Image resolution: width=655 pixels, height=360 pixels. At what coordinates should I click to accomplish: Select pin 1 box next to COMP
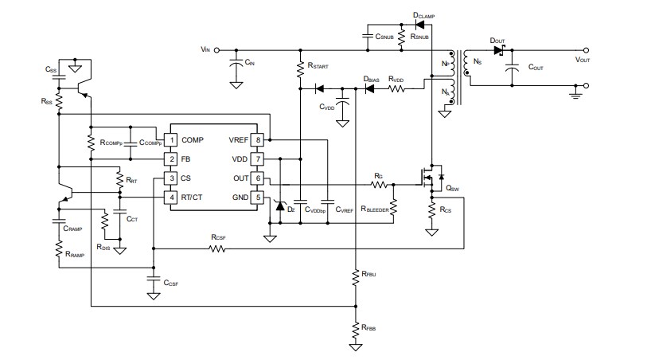171,140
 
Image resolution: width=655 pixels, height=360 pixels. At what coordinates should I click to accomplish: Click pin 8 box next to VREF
257,140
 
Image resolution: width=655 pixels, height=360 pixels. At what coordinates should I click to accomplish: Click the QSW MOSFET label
452,189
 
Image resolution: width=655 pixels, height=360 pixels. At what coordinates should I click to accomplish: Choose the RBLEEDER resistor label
373,209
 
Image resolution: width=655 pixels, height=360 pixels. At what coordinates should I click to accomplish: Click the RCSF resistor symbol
217,248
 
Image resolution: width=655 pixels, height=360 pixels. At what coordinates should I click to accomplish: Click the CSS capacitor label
51,70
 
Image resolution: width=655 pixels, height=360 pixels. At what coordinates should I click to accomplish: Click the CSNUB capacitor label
384,37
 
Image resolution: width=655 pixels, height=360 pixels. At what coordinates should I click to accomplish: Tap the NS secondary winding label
476,61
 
